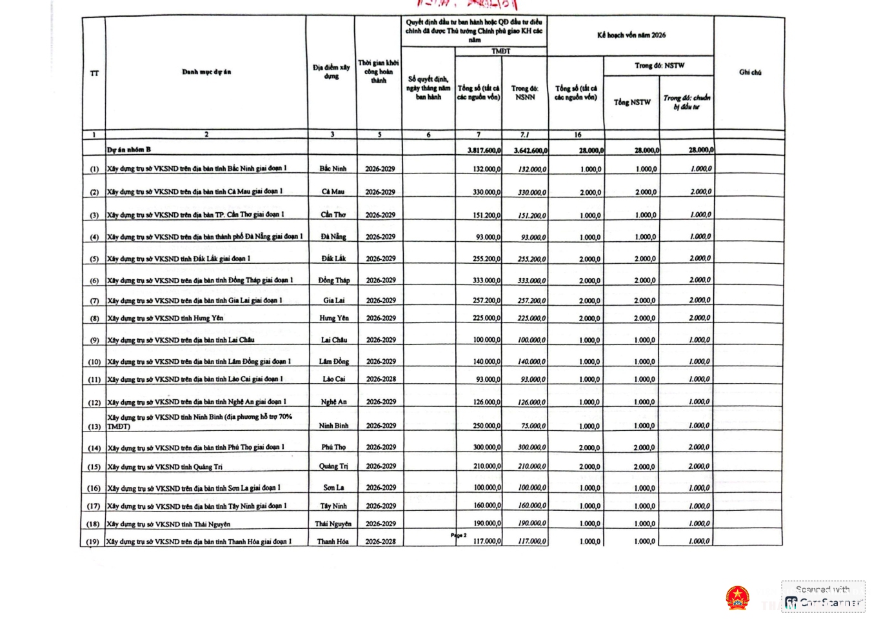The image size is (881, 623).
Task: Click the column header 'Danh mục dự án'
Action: tap(206, 72)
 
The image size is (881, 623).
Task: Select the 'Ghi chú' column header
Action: tap(749, 72)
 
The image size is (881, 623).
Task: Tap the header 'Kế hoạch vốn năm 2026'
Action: tap(631, 35)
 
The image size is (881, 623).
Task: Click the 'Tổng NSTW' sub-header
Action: tap(631, 103)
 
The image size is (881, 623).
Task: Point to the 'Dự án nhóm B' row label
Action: tap(129, 150)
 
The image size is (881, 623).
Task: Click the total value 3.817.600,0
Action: tap(484, 150)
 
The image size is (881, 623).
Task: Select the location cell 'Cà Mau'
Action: tap(333, 192)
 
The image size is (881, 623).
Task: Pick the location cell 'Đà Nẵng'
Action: tap(333, 237)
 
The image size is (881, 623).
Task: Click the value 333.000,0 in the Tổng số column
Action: tap(486, 281)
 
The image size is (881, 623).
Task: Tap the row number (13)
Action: tap(94, 426)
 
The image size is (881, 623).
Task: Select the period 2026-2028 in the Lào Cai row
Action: tap(381, 379)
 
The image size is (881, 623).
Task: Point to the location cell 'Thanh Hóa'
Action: tap(333, 542)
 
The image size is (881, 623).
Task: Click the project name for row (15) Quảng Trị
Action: tap(165, 467)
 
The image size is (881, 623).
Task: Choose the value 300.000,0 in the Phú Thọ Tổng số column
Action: tap(486, 448)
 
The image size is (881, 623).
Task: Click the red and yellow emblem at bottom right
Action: tap(737, 598)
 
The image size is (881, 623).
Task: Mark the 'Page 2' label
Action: tap(458, 535)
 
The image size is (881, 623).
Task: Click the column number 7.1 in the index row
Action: tap(524, 135)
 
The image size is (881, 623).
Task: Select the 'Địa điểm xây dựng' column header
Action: tap(331, 72)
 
